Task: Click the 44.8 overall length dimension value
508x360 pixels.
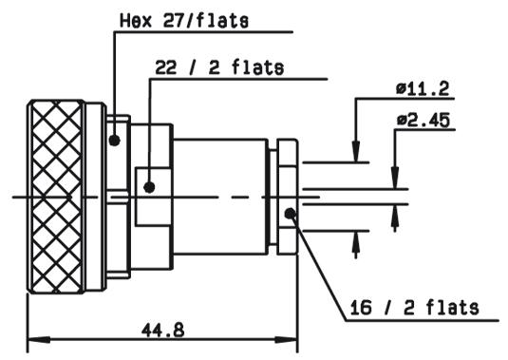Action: [162, 331]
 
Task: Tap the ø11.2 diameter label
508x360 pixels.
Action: [423, 88]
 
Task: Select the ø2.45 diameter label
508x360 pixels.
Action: [423, 120]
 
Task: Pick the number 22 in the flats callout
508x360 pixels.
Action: [166, 67]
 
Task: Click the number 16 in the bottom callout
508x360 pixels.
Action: [361, 308]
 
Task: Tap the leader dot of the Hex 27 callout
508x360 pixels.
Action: [114, 141]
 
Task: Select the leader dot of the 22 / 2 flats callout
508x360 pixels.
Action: [149, 187]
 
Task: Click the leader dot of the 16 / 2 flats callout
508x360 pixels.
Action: [290, 213]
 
